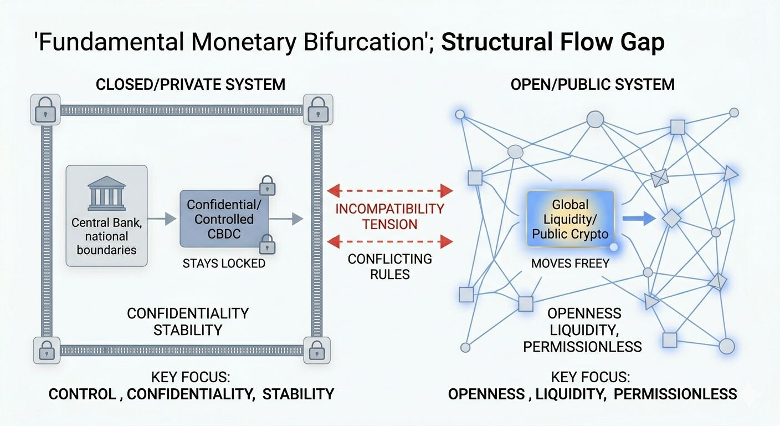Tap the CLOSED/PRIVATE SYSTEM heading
tap(190, 84)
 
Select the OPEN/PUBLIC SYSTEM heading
tap(592, 84)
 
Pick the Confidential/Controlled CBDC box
tap(224, 219)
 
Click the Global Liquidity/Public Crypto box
tap(570, 219)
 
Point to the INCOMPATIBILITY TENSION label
tap(389, 216)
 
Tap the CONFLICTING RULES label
tap(389, 266)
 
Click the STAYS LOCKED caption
tap(224, 263)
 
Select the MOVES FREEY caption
tap(571, 263)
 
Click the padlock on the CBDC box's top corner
tap(268, 185)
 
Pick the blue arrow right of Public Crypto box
tap(638, 219)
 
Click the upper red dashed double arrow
tap(389, 191)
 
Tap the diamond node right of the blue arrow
tap(671, 219)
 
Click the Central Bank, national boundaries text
tap(106, 236)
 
